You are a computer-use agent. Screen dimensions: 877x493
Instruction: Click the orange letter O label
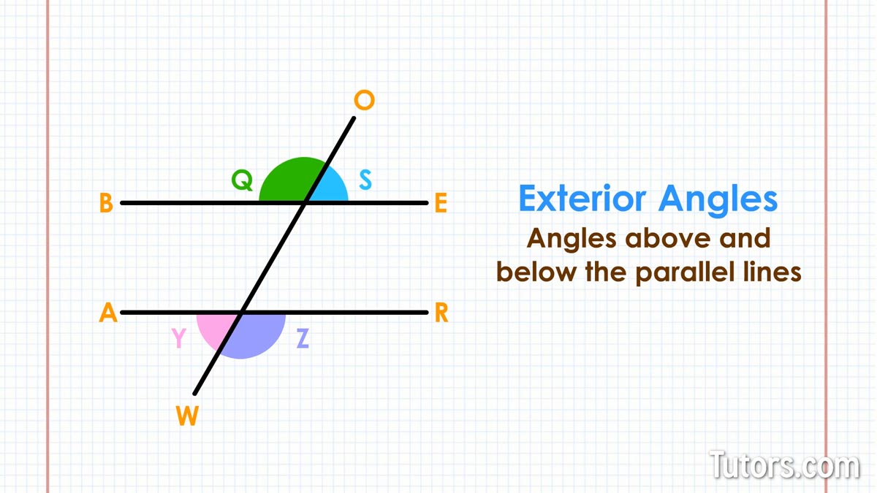click(364, 100)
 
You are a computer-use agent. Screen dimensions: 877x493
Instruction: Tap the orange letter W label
click(187, 415)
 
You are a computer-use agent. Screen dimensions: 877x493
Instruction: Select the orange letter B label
click(106, 203)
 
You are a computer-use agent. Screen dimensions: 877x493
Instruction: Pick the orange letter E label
click(441, 203)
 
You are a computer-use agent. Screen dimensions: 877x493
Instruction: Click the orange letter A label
click(108, 313)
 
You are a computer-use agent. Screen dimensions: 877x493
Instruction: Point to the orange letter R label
click(441, 313)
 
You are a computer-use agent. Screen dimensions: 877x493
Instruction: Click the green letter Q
click(242, 180)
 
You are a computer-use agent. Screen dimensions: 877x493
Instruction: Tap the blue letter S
click(365, 180)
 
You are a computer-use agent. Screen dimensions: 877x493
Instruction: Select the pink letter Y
click(179, 338)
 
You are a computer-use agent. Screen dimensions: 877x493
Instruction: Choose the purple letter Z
click(303, 338)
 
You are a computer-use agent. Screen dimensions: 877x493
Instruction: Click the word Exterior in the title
click(582, 199)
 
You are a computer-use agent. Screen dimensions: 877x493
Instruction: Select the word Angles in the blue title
click(718, 200)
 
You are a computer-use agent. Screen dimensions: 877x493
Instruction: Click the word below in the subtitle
click(536, 272)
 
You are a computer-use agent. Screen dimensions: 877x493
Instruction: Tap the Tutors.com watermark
click(785, 465)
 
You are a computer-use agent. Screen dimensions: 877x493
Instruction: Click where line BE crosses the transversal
click(305, 203)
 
